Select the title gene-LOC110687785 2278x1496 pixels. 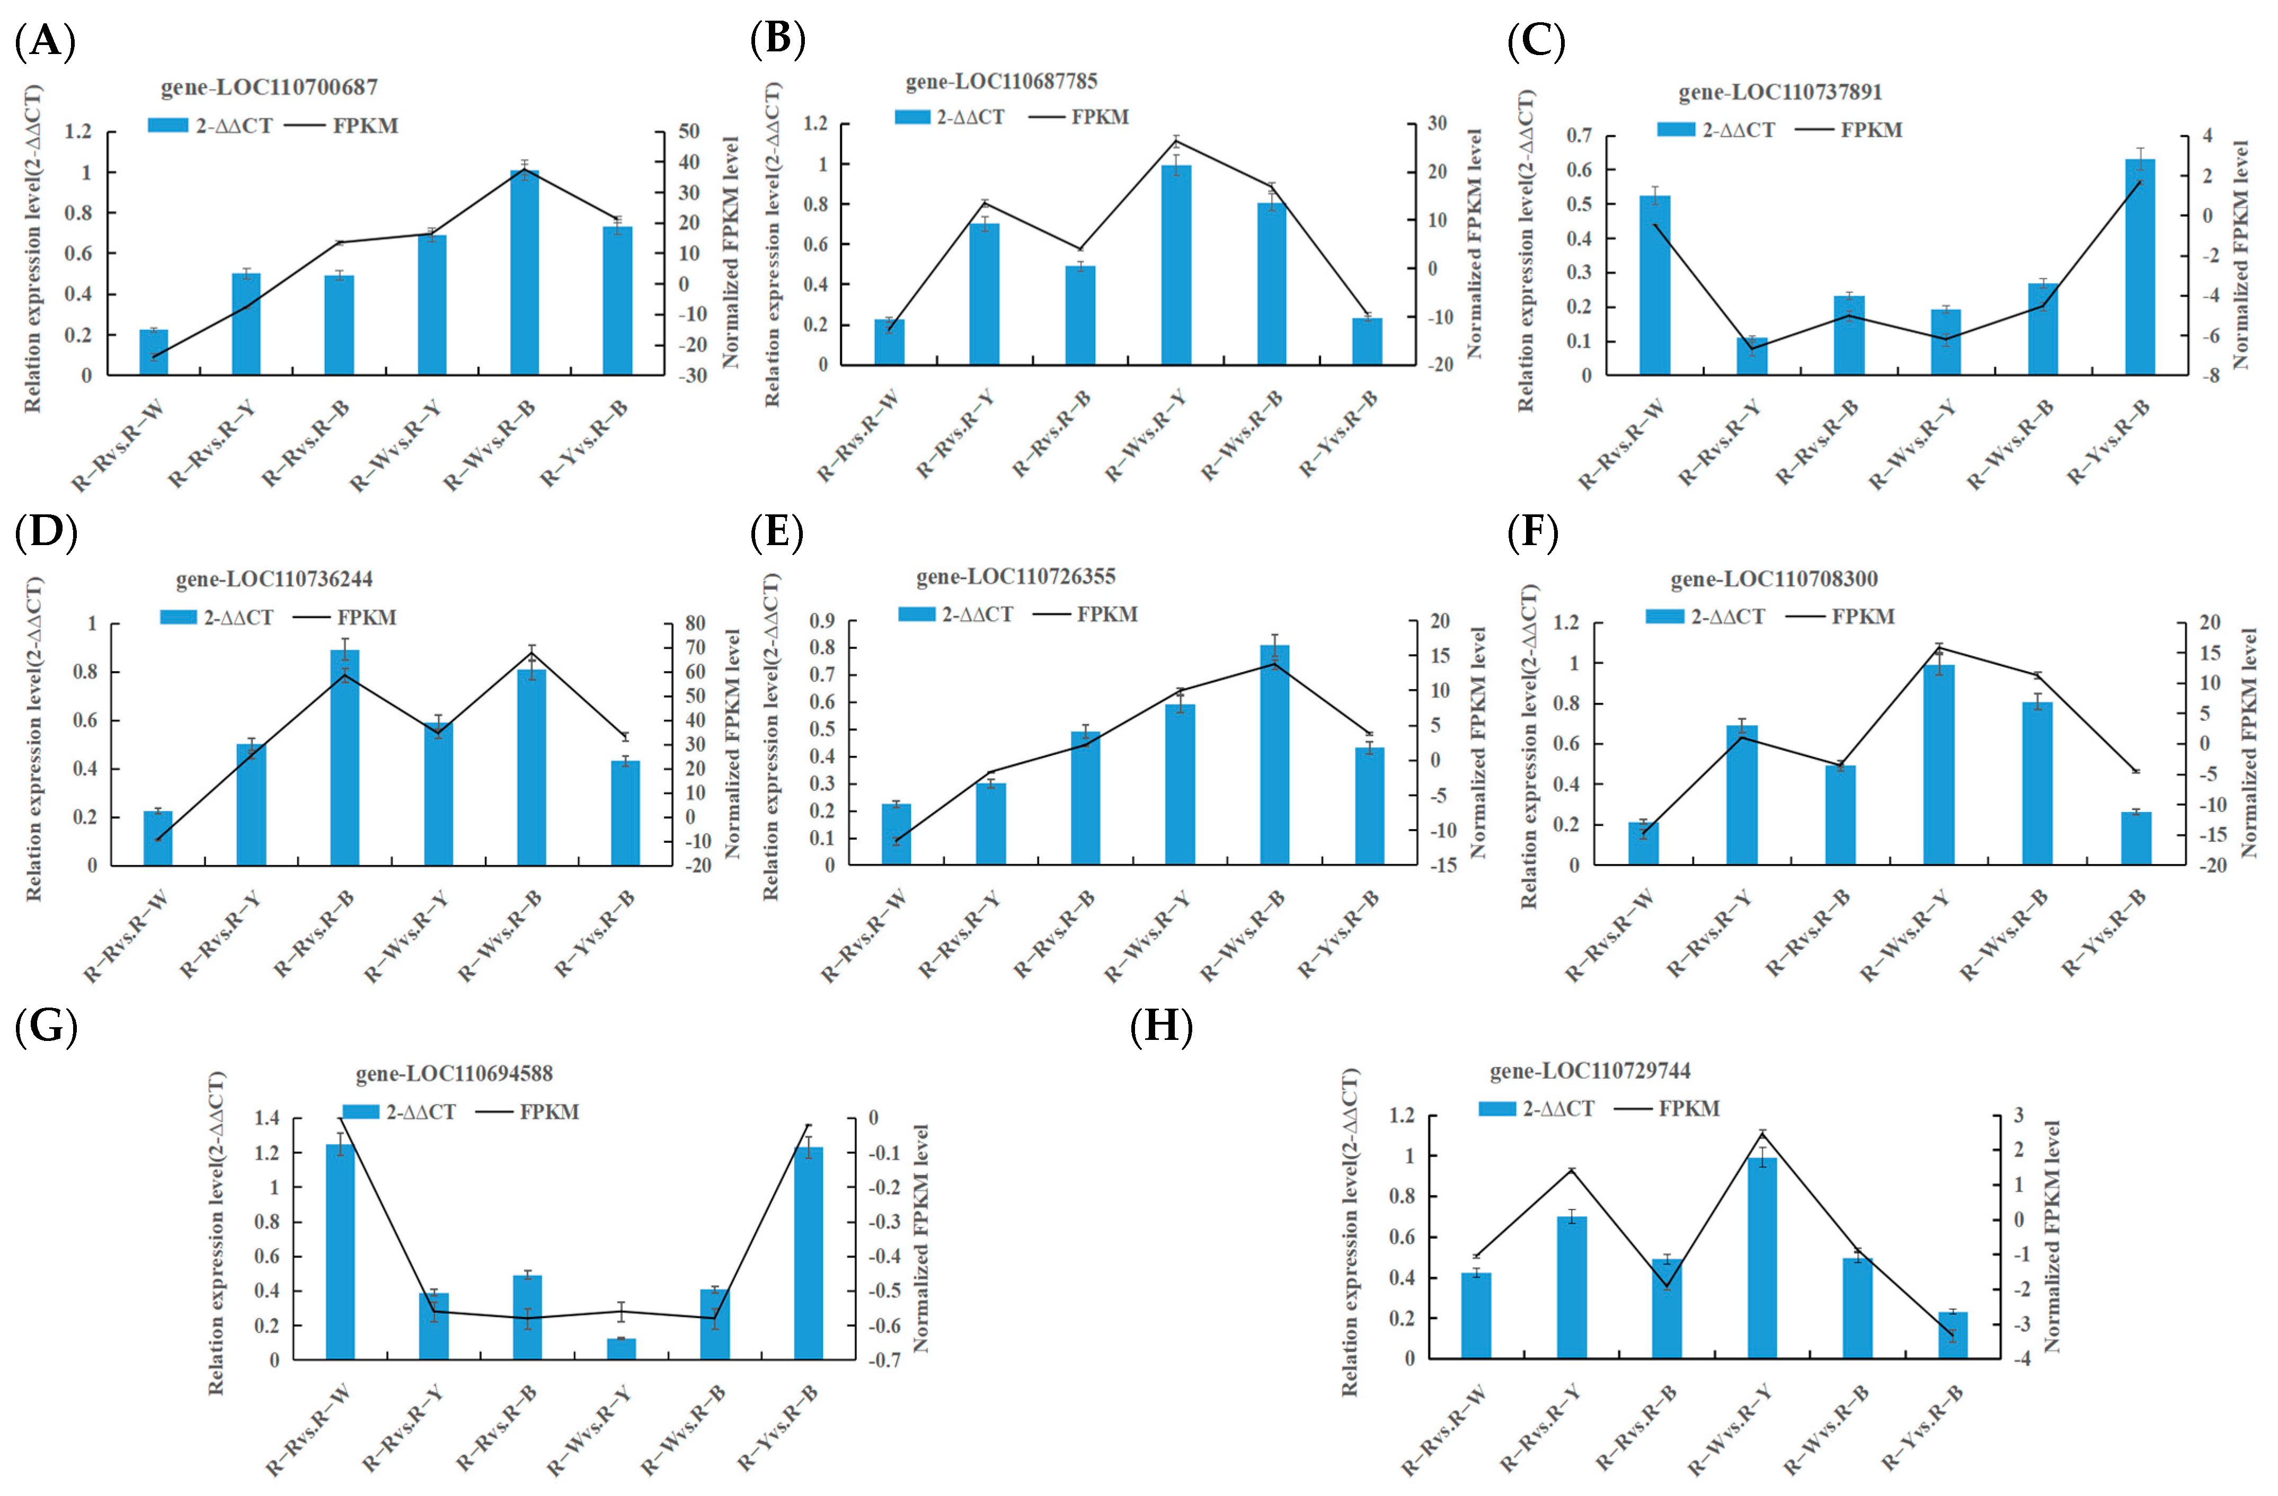[x=1001, y=82]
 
